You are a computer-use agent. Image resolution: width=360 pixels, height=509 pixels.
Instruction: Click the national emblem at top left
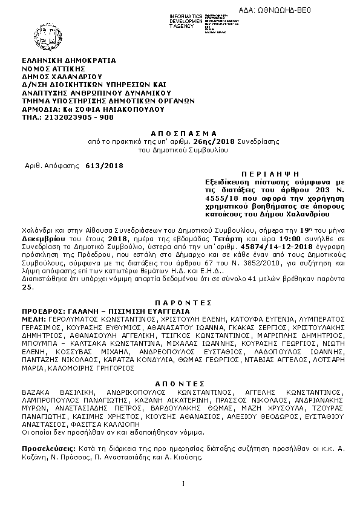35,29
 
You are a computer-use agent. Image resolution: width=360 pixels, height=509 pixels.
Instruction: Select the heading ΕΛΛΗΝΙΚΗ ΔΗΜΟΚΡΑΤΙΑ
68,60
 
